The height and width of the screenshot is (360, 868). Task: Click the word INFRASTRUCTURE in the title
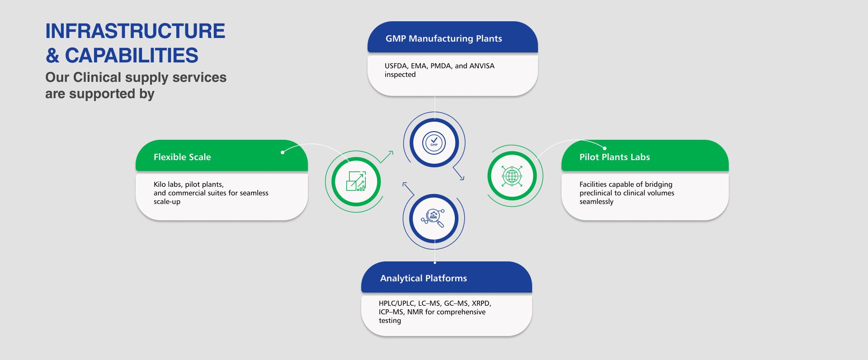(x=135, y=31)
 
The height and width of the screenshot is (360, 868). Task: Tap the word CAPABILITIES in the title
(x=132, y=56)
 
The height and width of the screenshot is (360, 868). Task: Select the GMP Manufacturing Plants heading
(x=443, y=38)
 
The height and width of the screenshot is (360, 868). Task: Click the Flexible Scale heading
(x=182, y=157)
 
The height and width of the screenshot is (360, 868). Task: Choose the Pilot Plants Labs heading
(x=614, y=157)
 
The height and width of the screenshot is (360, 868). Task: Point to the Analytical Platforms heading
(x=423, y=278)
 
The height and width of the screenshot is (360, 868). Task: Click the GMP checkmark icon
(x=434, y=143)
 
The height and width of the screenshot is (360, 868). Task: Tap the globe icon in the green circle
(x=512, y=175)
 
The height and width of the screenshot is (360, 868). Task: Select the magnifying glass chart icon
(x=434, y=218)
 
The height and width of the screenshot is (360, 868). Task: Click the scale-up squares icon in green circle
(x=356, y=181)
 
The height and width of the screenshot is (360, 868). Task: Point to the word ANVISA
(x=482, y=66)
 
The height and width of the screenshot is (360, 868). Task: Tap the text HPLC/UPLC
(x=396, y=303)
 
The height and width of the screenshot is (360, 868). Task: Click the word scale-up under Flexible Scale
(x=167, y=202)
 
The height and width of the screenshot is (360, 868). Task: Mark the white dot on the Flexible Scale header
(x=283, y=152)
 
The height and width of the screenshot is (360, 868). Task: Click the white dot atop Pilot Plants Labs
(x=605, y=148)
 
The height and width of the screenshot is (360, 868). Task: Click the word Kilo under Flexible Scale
(x=160, y=185)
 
